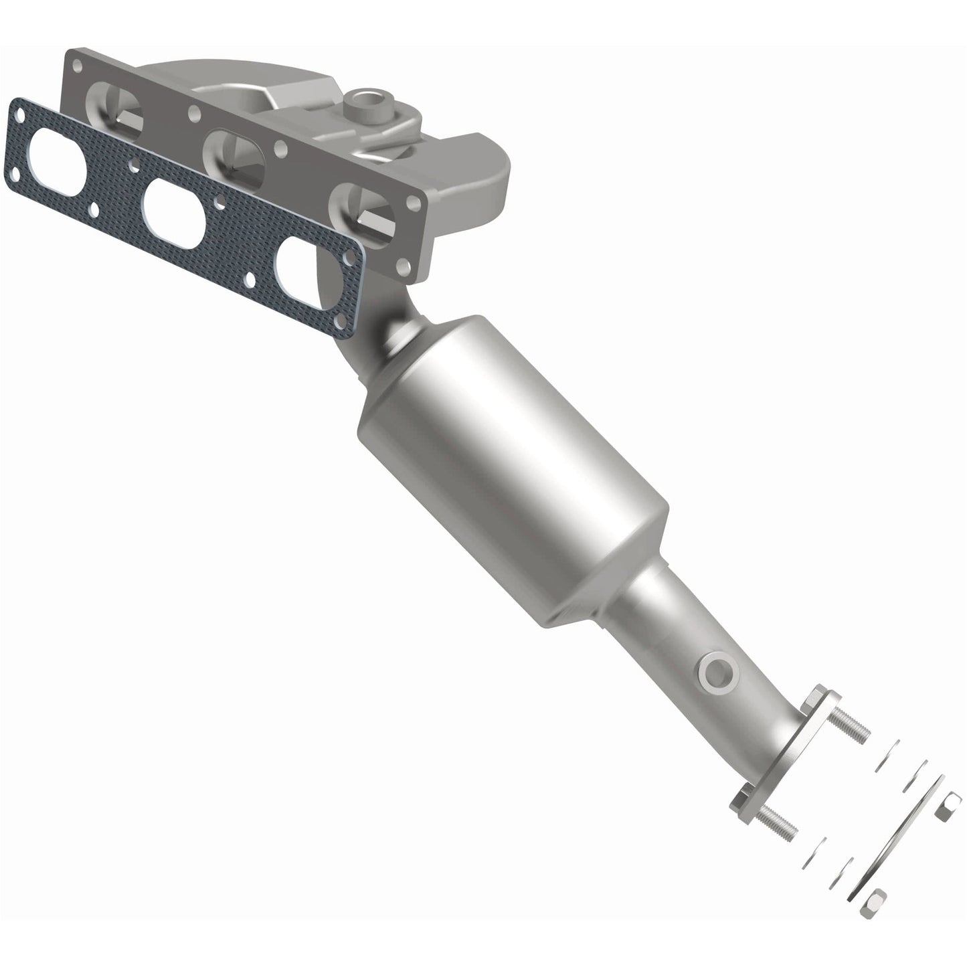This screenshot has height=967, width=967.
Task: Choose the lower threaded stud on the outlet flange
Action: [779, 821]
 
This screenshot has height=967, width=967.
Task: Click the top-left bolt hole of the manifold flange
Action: [81, 65]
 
